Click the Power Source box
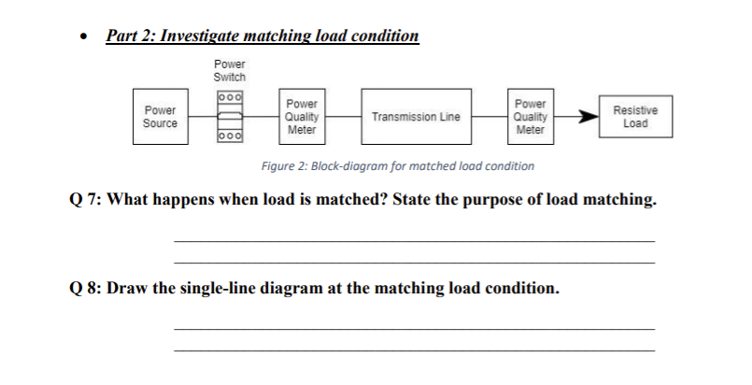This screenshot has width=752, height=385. pos(160,117)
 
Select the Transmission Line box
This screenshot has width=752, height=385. pos(416,118)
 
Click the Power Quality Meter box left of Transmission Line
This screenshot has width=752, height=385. pos(302,117)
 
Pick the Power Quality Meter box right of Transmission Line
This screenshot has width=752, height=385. pos(530,117)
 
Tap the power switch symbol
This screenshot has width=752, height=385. pos(230,117)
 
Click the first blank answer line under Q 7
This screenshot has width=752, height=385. pos(414,241)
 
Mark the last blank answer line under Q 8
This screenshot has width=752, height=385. pos(414,349)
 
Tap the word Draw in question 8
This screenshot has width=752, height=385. pos(128,287)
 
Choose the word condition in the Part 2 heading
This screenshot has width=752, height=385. pos(384,36)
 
